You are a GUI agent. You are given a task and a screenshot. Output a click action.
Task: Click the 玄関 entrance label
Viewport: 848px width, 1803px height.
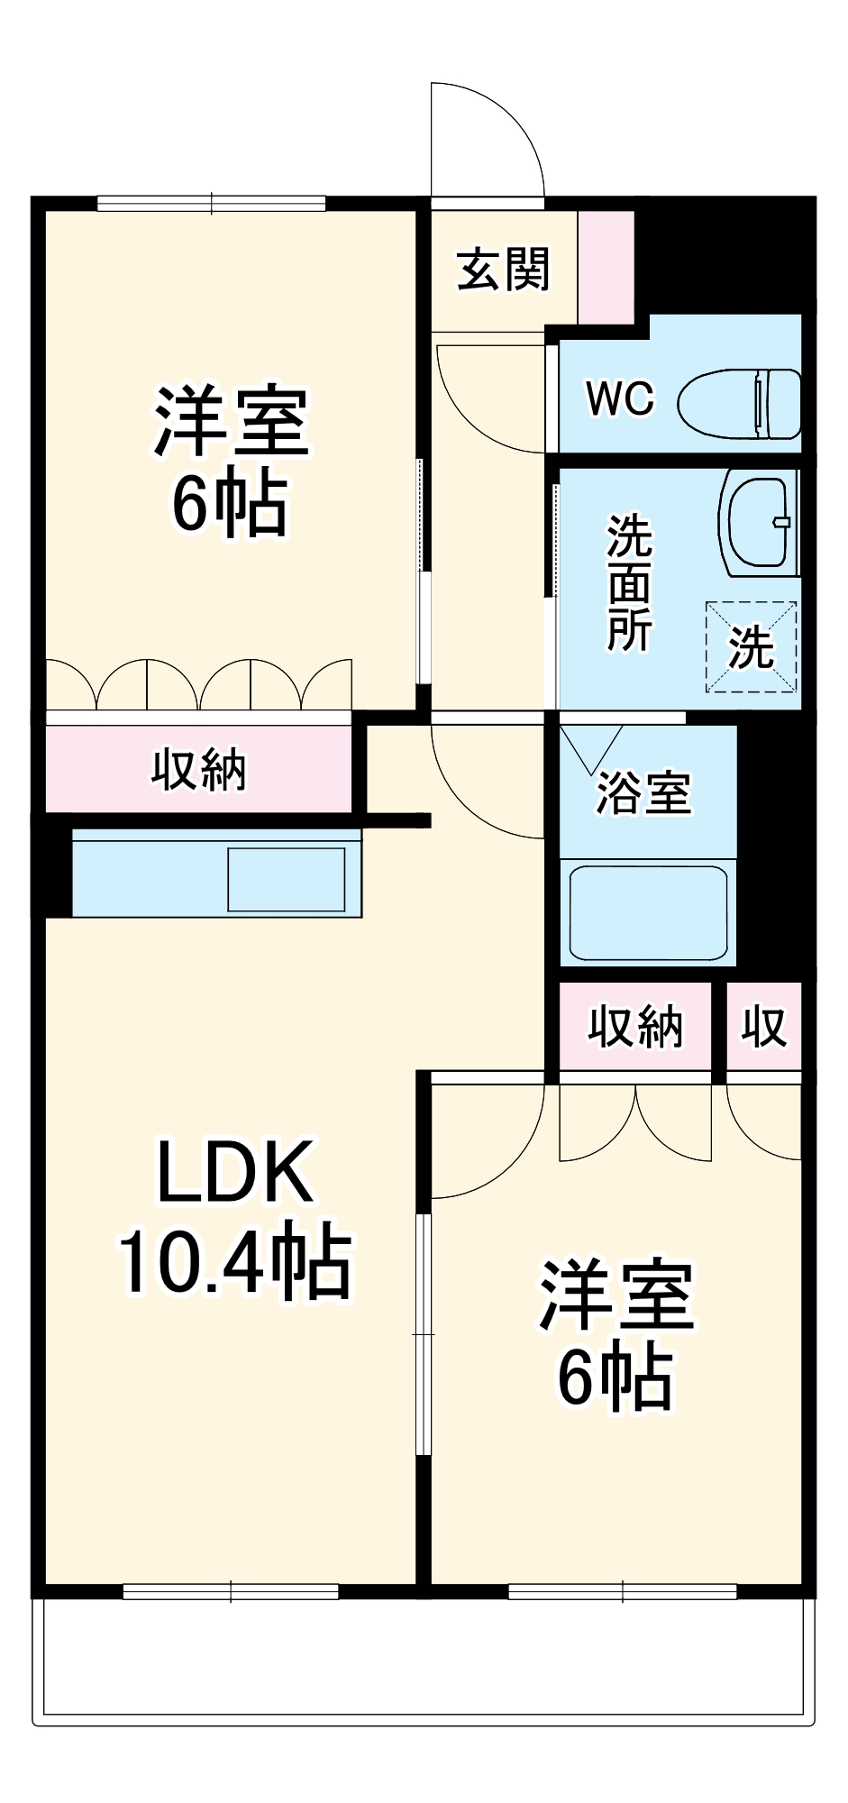(503, 270)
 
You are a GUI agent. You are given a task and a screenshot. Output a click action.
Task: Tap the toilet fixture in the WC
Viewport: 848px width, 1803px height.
(739, 403)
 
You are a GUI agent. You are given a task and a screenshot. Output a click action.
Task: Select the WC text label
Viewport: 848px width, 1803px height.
(619, 398)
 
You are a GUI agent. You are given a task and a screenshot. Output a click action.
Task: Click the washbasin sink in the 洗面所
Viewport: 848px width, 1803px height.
(760, 522)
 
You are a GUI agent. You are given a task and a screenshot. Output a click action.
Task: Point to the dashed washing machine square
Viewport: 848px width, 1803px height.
(751, 647)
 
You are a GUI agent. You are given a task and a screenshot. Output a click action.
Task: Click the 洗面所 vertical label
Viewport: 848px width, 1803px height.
(628, 582)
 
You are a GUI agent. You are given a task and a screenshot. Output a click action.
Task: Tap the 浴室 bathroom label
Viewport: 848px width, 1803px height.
(643, 793)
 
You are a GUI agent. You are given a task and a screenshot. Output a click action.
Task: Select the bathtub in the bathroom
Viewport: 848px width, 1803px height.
(648, 913)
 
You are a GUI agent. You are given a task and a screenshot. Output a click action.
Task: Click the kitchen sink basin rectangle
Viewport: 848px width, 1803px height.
(286, 879)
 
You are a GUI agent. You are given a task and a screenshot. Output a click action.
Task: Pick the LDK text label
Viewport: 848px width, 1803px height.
(236, 1172)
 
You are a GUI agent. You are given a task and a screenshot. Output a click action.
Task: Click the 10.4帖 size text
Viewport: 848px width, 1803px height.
(236, 1260)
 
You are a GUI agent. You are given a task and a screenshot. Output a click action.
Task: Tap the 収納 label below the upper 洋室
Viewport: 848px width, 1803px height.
(198, 770)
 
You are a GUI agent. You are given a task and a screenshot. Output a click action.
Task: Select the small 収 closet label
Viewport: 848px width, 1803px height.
(763, 1027)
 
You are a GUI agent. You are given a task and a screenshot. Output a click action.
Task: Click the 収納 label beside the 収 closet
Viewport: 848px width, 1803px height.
(635, 1027)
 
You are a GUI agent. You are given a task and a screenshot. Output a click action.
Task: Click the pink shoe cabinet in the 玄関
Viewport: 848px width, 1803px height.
(606, 267)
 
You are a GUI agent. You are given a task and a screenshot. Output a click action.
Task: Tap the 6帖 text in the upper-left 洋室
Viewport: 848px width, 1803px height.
(231, 505)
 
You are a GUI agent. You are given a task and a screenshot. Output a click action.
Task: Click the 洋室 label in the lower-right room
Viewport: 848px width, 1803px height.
(616, 1295)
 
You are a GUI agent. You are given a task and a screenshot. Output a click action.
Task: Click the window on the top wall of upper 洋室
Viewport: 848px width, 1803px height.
(211, 204)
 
